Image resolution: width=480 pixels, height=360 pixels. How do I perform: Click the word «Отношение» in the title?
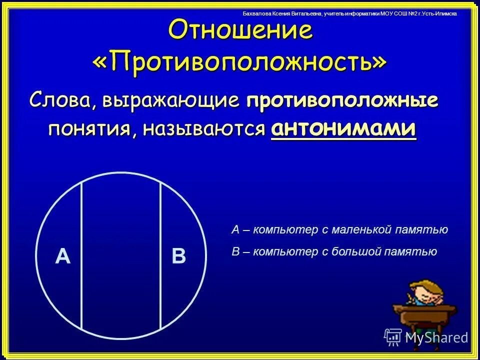click(x=240, y=31)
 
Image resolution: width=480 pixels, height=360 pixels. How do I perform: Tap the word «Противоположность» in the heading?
click(x=240, y=61)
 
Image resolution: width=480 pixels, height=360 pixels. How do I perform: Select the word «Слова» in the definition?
click(x=62, y=100)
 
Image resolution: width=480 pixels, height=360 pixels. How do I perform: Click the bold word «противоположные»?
click(x=342, y=100)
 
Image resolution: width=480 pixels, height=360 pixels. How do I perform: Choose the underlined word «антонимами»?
click(x=343, y=129)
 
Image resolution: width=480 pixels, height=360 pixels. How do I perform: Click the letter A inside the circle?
click(x=62, y=256)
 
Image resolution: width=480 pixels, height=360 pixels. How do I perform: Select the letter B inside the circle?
click(x=178, y=256)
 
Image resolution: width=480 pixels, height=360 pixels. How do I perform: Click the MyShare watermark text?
click(x=436, y=337)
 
